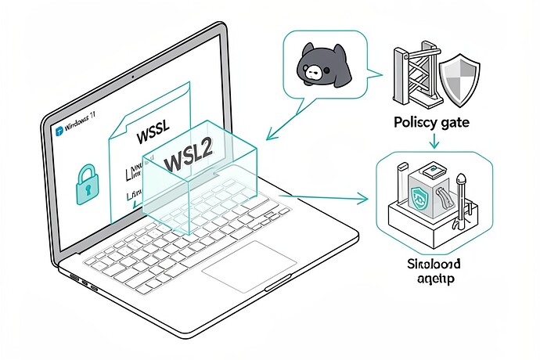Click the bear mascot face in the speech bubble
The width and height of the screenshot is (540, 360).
[322, 66]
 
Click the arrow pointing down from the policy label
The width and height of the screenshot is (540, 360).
[434, 142]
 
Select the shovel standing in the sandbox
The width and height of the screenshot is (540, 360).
[463, 196]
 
